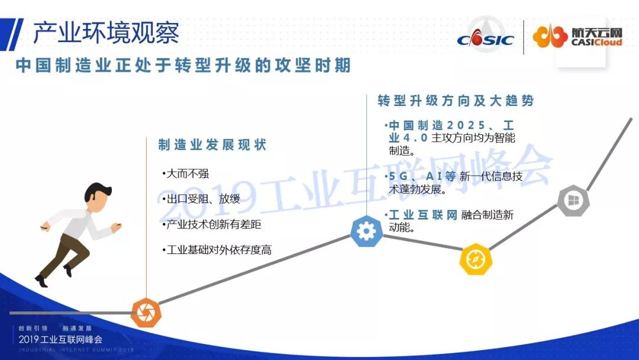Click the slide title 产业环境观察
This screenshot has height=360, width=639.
pyautogui.click(x=106, y=33)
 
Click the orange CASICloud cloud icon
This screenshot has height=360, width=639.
pyautogui.click(x=550, y=37)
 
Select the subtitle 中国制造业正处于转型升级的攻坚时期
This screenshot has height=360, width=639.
pyautogui.click(x=183, y=65)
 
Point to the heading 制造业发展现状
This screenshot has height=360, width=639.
pyautogui.click(x=212, y=144)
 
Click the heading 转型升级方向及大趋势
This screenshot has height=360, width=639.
pyautogui.click(x=456, y=100)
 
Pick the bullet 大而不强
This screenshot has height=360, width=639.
pyautogui.click(x=186, y=173)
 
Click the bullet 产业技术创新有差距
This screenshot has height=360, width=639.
pyautogui.click(x=212, y=224)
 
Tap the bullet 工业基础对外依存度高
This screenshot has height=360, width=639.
pyautogui.click(x=217, y=249)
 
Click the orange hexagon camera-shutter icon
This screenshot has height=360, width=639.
pyautogui.click(x=146, y=313)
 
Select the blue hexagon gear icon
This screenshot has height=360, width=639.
pyautogui.click(x=367, y=232)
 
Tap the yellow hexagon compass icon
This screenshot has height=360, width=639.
pyautogui.click(x=476, y=259)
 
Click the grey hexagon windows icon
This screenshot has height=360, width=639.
pyautogui.click(x=573, y=200)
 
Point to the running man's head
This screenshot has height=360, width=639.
pyautogui.click(x=98, y=197)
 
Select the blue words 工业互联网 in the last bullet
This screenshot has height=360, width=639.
pyautogui.click(x=423, y=215)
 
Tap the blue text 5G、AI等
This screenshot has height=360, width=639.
pyautogui.click(x=422, y=176)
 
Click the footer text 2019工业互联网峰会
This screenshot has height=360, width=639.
pyautogui.click(x=60, y=339)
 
